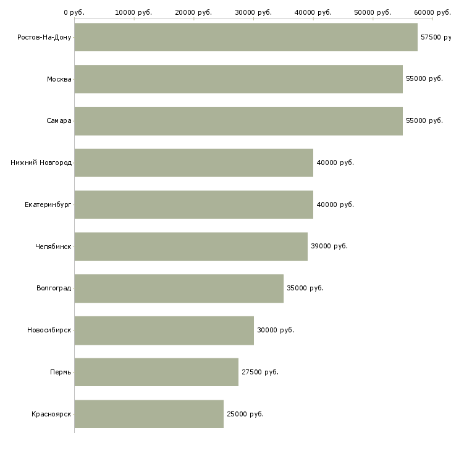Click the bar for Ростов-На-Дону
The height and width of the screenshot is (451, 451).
tap(246, 37)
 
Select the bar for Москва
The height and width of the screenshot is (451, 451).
tap(238, 79)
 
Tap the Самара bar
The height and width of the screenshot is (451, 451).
tap(238, 121)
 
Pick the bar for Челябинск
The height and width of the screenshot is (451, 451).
tap(191, 247)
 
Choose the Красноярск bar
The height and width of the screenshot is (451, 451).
tap(149, 414)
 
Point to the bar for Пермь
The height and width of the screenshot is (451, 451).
tap(156, 372)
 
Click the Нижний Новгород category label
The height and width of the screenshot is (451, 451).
tap(41, 163)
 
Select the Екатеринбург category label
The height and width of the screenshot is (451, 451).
tap(48, 204)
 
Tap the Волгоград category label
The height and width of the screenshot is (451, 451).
tap(54, 288)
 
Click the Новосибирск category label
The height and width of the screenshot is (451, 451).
tap(49, 330)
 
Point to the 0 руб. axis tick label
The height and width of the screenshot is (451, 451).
tap(74, 12)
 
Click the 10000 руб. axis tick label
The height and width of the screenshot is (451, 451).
tap(133, 12)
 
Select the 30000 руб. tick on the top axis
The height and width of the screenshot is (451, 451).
tap(253, 19)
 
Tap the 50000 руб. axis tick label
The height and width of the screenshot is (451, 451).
tap(373, 12)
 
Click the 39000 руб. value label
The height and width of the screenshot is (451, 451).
tap(329, 247)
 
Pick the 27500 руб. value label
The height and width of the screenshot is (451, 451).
tap(260, 372)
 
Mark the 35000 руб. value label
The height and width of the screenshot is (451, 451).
tap(305, 288)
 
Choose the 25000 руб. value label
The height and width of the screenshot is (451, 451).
tap(245, 414)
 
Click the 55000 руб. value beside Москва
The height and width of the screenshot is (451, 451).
tap(424, 79)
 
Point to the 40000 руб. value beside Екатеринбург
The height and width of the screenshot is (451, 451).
tap(335, 204)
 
